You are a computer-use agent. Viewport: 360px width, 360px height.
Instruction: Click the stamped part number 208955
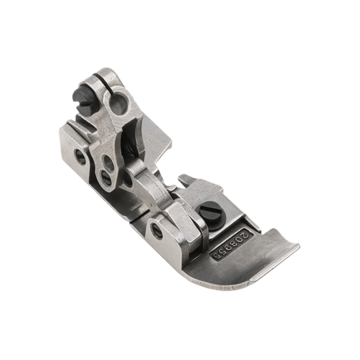[231, 246]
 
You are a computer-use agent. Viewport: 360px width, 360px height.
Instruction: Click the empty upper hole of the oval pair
[107, 161]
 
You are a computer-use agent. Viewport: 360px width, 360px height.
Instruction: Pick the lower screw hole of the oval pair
[106, 175]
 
